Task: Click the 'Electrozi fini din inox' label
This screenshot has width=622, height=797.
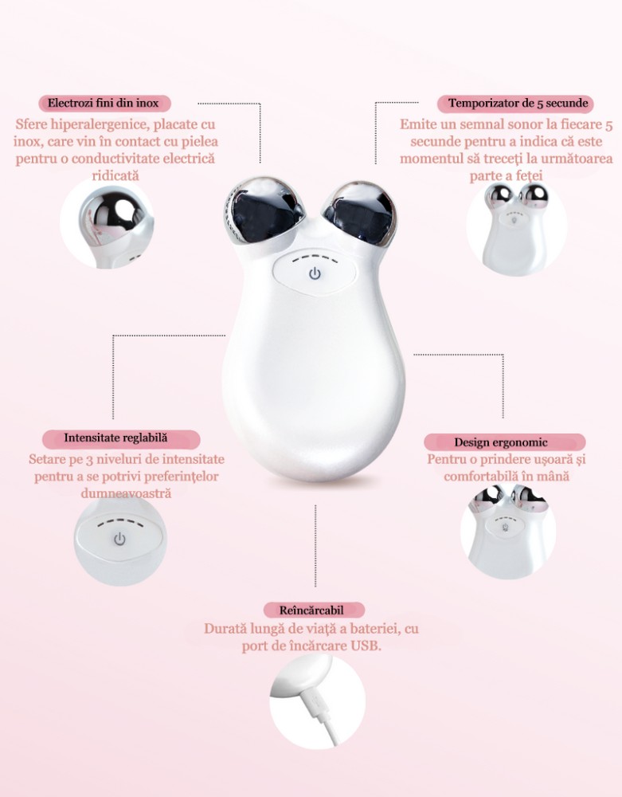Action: (x=103, y=103)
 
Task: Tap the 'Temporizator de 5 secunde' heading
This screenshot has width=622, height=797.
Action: (x=518, y=103)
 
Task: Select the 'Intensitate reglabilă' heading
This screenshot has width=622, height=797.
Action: (x=115, y=438)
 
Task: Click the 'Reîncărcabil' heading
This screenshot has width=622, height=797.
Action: (x=311, y=610)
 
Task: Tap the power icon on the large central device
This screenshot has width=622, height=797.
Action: (x=315, y=274)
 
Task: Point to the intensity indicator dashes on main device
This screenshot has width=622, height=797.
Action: (x=315, y=258)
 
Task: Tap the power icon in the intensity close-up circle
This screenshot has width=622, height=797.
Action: (x=119, y=539)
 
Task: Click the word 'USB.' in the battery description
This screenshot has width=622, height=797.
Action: (x=366, y=646)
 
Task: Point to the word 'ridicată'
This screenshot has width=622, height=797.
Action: (x=115, y=175)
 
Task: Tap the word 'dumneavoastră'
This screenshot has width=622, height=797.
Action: (x=126, y=493)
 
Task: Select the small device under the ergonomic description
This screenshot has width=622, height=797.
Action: (x=509, y=531)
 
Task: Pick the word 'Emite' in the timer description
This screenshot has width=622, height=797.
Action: (x=417, y=124)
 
